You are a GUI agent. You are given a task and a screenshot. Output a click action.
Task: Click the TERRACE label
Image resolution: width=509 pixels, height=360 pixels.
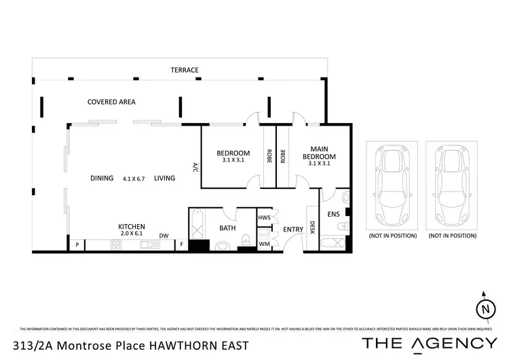click(x=185, y=70)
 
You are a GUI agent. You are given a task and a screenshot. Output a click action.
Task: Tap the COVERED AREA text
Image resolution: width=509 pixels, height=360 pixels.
click(x=111, y=102)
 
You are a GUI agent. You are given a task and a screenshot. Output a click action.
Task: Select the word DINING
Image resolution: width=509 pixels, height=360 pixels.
click(x=102, y=178)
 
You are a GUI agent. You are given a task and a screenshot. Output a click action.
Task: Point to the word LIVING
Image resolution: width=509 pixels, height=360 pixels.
click(x=164, y=178)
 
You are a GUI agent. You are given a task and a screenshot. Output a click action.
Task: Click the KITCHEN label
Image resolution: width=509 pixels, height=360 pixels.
click(x=132, y=226)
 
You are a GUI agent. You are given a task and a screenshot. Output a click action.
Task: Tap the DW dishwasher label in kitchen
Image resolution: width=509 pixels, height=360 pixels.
click(x=164, y=236)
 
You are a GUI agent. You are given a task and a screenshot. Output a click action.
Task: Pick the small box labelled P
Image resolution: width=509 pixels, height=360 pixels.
click(x=77, y=245)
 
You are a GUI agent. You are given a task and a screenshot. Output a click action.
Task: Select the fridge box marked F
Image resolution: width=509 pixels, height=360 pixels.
click(x=182, y=245)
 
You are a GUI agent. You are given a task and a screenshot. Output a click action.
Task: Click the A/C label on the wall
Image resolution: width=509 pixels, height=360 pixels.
click(x=195, y=167)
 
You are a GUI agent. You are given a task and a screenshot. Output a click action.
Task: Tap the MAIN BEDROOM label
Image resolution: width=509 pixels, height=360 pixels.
click(x=323, y=152)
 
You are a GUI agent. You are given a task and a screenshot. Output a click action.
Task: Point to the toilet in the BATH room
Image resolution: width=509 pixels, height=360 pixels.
click(x=248, y=238)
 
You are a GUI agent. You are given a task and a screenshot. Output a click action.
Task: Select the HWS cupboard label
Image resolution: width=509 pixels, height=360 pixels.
click(x=264, y=217)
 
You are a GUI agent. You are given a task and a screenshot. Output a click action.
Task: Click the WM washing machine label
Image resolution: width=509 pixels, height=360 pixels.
click(x=264, y=243)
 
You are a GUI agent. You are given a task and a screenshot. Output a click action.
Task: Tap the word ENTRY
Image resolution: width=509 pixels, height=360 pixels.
click(x=293, y=230)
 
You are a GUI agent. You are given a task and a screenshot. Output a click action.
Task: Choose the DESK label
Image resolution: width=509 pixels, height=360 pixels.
click(x=312, y=227)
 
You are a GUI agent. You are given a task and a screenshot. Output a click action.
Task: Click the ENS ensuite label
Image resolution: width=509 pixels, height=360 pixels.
click(x=333, y=215)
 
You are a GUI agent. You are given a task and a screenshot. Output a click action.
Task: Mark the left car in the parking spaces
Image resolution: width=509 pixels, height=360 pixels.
click(x=391, y=182)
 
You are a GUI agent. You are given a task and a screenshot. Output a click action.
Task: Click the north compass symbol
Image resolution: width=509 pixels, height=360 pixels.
click(x=485, y=308)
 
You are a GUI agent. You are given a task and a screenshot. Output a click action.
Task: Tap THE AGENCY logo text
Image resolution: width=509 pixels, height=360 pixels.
click(x=429, y=343)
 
